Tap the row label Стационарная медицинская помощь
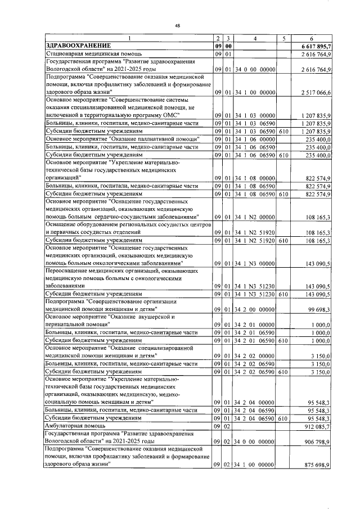[86, 53]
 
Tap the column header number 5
[284, 38]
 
